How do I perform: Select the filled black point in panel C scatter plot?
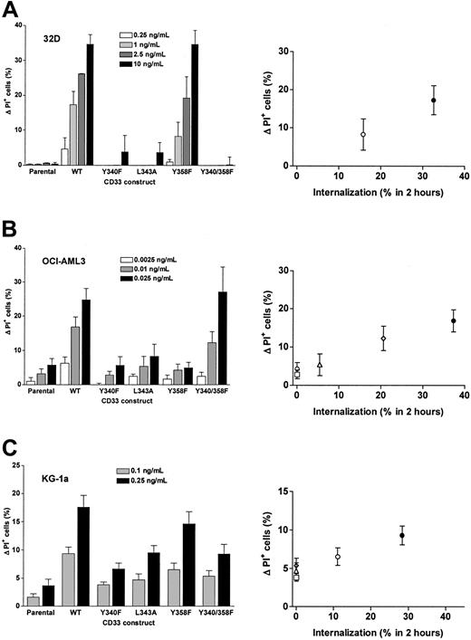(401, 536)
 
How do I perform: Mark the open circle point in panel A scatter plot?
(363, 134)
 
